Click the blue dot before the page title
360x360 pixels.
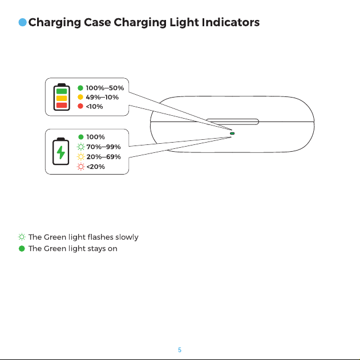[22, 22]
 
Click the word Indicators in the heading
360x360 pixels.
[230, 22]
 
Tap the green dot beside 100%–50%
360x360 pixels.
[80, 88]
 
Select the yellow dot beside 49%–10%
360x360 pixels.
[80, 97]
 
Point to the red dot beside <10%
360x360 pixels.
[80, 106]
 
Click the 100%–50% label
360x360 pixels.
[105, 88]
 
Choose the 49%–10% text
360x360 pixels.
[102, 97]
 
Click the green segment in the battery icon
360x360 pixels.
[62, 91]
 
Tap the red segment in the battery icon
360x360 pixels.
[62, 106]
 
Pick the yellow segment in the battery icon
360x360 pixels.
[62, 98]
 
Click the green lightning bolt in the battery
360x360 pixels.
[61, 152]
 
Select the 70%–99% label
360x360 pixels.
[103, 147]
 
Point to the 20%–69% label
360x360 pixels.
[103, 157]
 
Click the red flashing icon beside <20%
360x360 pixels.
[81, 167]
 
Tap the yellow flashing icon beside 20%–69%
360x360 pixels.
[81, 157]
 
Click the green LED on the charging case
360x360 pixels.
[232, 134]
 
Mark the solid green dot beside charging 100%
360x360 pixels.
[81, 137]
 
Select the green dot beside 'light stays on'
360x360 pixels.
[22, 249]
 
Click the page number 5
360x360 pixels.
[180, 350]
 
